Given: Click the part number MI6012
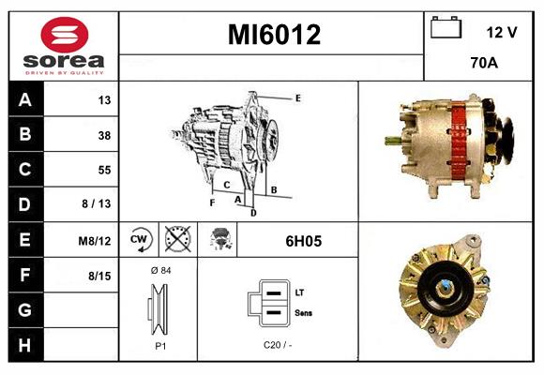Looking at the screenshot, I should coord(275,35).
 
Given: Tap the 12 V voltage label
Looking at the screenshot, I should coord(502,32).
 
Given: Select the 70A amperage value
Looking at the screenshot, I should coord(483,65).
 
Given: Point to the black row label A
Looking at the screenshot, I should coord(24,100).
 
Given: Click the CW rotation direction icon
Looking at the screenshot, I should coord(138,240).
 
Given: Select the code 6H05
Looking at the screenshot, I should coord(303,241).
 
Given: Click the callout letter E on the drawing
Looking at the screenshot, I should coord(297,97).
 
